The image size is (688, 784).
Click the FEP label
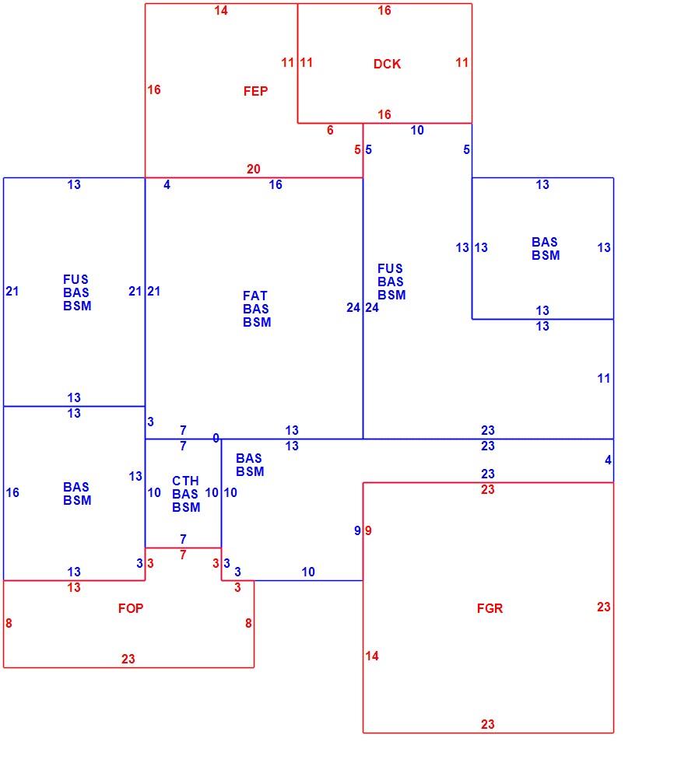(x=256, y=91)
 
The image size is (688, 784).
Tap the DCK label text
(x=388, y=64)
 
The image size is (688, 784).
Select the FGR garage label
(x=490, y=608)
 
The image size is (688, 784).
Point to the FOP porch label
(x=131, y=608)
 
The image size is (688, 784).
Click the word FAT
(x=255, y=296)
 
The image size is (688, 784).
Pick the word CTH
(x=186, y=481)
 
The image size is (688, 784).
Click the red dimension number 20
(x=254, y=169)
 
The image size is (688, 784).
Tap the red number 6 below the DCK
(x=330, y=130)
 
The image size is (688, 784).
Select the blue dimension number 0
(x=216, y=438)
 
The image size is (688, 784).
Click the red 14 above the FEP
(x=221, y=11)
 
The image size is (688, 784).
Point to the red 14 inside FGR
(x=372, y=656)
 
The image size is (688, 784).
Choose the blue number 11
(x=604, y=379)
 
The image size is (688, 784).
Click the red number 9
(x=368, y=531)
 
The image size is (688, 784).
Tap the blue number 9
(x=357, y=531)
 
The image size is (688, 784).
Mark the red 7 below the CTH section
(x=183, y=555)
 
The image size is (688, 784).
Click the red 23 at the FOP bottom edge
(x=128, y=659)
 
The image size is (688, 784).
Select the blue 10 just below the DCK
(x=417, y=130)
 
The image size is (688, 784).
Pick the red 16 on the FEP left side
(x=154, y=89)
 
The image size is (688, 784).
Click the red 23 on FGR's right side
(x=604, y=607)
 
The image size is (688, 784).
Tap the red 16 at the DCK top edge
(x=384, y=11)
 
